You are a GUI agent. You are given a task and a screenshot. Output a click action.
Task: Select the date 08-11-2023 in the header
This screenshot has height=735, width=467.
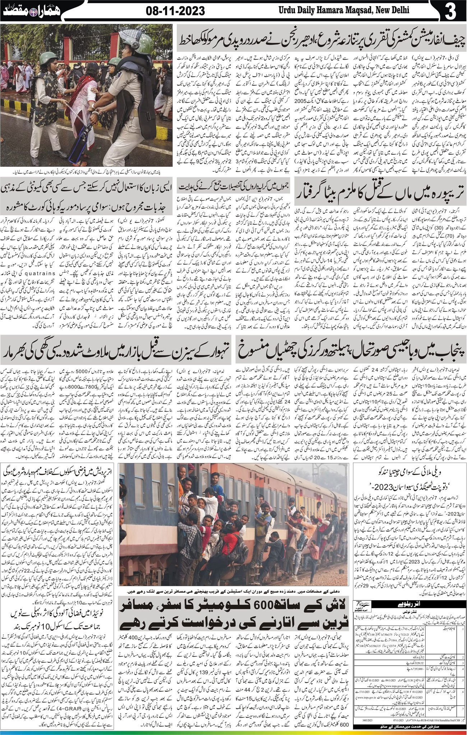click(176, 11)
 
